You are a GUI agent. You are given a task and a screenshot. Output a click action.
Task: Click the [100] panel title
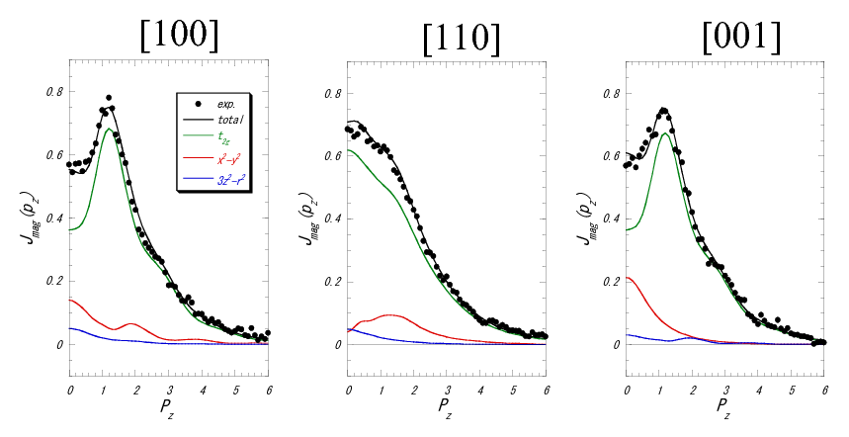[181, 37]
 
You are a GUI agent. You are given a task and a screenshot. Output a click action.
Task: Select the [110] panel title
[461, 39]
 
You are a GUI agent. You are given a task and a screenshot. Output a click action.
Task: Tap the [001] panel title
[741, 37]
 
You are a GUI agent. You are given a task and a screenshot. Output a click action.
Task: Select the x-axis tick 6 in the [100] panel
[269, 362]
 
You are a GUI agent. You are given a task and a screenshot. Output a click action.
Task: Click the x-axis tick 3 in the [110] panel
[448, 362]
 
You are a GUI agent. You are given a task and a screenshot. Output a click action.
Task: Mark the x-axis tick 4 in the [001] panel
[759, 362]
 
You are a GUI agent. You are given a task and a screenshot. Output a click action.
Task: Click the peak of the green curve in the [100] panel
[107, 128]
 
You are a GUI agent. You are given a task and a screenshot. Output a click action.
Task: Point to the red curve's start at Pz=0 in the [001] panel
[628, 278]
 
